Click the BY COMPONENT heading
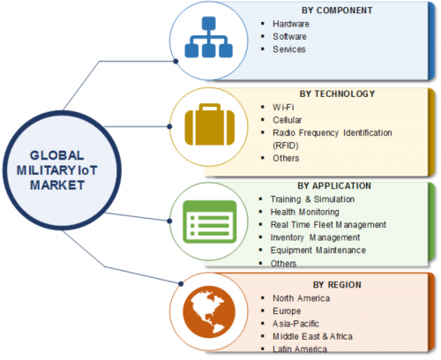(337, 11)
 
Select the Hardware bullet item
(291, 24)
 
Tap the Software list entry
(289, 36)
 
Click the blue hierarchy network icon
(209, 37)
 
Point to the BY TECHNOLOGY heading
(337, 94)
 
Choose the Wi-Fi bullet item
(283, 107)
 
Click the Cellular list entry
(288, 120)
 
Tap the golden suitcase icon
(210, 124)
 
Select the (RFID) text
(286, 146)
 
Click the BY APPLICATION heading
(334, 186)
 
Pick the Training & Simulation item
(312, 199)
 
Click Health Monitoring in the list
(305, 212)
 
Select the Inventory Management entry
(315, 237)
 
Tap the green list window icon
(210, 221)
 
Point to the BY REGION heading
(337, 285)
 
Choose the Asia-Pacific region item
(295, 324)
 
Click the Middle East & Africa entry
(312, 336)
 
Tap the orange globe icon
(209, 312)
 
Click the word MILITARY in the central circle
(47, 170)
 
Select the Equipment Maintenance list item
(318, 250)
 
